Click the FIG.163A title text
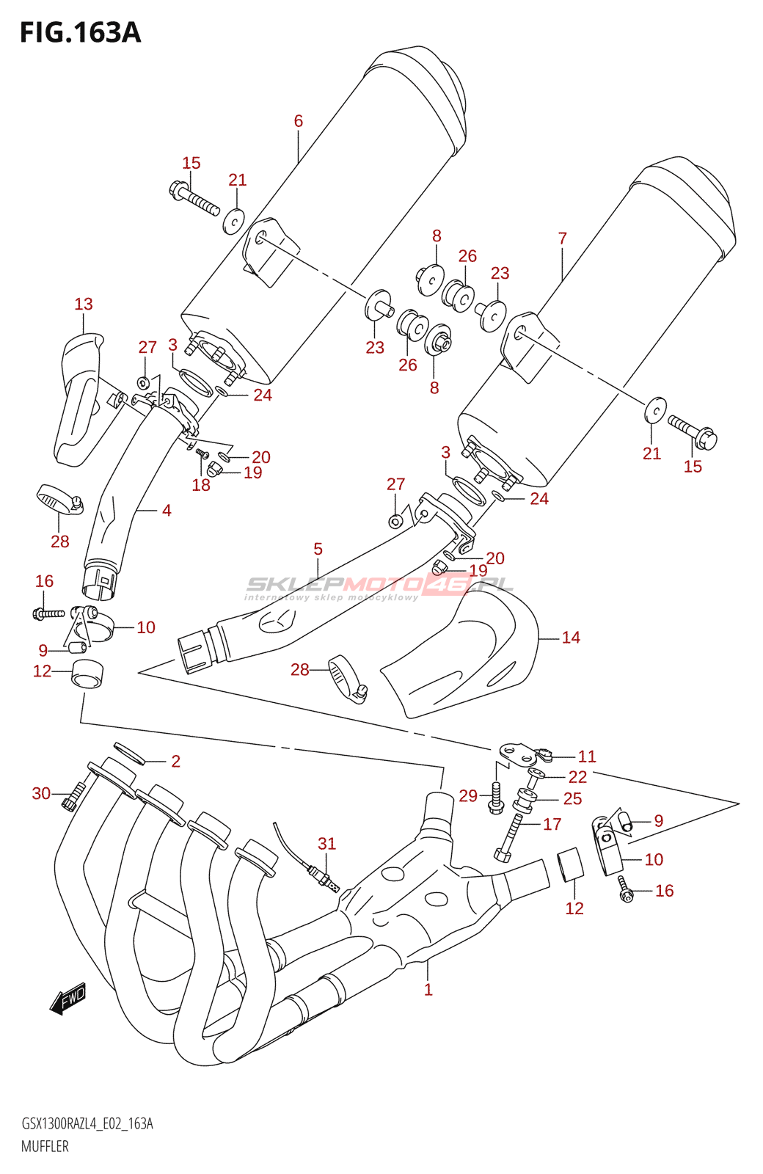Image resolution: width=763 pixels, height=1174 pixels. click(x=80, y=33)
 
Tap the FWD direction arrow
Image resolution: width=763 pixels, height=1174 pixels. click(x=68, y=999)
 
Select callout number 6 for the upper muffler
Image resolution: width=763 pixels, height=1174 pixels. click(x=298, y=121)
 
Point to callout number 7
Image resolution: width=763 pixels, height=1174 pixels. click(x=562, y=238)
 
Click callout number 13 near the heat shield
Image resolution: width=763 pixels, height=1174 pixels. click(x=84, y=304)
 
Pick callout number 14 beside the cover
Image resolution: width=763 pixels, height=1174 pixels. click(x=571, y=638)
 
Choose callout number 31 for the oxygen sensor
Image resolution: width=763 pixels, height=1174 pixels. click(x=326, y=844)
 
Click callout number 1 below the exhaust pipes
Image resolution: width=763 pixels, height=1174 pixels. click(x=428, y=989)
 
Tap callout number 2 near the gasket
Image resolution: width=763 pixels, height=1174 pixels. click(x=175, y=761)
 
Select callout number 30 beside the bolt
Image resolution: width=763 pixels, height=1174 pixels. click(x=41, y=793)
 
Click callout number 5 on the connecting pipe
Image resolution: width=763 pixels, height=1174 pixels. click(x=318, y=549)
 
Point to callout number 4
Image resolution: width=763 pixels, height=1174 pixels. click(x=167, y=510)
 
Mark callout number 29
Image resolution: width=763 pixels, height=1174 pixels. click(x=468, y=795)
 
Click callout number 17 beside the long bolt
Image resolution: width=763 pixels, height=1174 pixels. click(x=552, y=824)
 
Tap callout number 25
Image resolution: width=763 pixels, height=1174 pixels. click(x=572, y=798)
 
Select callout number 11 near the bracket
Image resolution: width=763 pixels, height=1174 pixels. click(x=587, y=756)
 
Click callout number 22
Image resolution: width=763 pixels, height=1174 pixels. click(x=578, y=776)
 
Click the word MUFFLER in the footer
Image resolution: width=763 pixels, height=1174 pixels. click(x=45, y=1146)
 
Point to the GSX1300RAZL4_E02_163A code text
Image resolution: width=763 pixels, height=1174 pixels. click(x=87, y=1123)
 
